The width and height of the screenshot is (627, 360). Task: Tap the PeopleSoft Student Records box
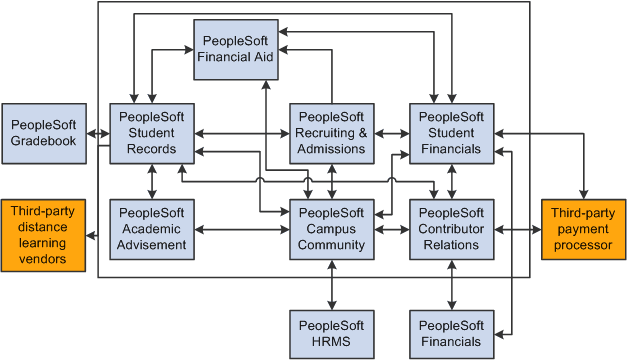[152, 133]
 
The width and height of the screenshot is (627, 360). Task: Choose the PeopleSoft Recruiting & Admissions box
[332, 133]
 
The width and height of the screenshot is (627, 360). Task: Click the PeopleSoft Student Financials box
[452, 133]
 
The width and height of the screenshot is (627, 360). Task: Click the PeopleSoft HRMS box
[332, 333]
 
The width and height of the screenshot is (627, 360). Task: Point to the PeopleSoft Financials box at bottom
[452, 333]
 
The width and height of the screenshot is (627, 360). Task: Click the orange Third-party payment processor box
[584, 229]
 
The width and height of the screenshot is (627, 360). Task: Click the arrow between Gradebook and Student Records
[98, 133]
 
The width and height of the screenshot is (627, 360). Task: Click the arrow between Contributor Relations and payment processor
[518, 229]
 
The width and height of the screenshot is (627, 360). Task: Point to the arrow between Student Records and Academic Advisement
[152, 181]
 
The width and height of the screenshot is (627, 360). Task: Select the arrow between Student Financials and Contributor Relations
[452, 181]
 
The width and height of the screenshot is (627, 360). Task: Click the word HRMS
[332, 342]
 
